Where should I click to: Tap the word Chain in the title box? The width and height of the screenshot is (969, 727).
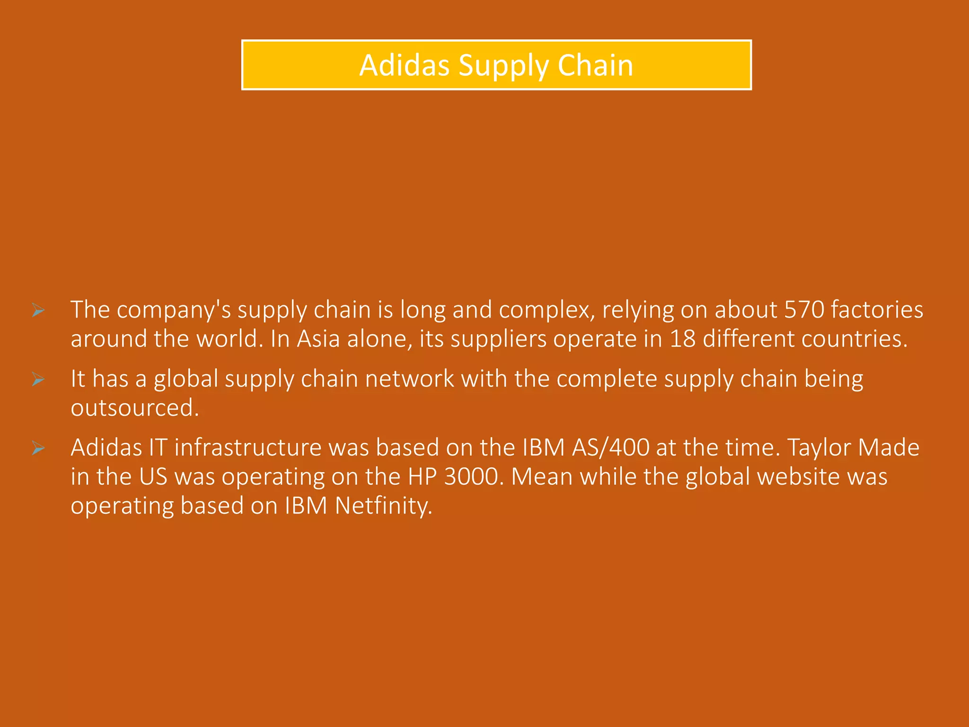pyautogui.click(x=595, y=65)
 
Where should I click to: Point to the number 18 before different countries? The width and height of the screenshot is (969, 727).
pyautogui.click(x=682, y=339)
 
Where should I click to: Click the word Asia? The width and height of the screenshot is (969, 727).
pyautogui.click(x=318, y=339)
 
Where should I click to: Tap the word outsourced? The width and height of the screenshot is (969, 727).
pyautogui.click(x=134, y=408)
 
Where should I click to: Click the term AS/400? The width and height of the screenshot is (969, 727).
pyautogui.click(x=610, y=448)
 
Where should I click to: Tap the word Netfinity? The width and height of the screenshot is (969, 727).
pyautogui.click(x=383, y=505)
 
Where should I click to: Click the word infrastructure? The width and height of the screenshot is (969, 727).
pyautogui.click(x=248, y=448)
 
